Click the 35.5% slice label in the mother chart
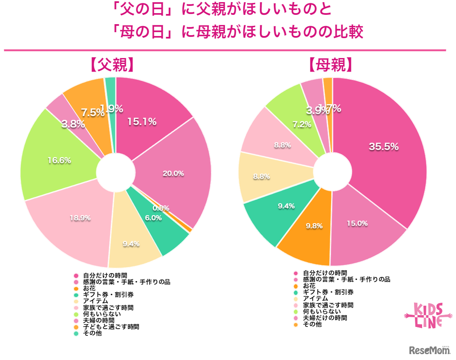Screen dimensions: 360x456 coord(384,147)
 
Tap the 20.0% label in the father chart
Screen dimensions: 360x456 coord(173,173)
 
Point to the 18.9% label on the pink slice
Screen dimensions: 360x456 coord(80,218)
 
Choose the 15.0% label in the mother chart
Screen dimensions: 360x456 coord(357,223)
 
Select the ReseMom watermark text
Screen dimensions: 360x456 coord(429,350)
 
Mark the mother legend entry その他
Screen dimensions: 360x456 coord(312,324)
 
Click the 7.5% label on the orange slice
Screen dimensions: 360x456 coord(93,112)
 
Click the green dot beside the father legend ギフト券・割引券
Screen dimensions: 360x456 coord(76,295)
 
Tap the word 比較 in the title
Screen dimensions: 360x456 coord(349,32)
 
